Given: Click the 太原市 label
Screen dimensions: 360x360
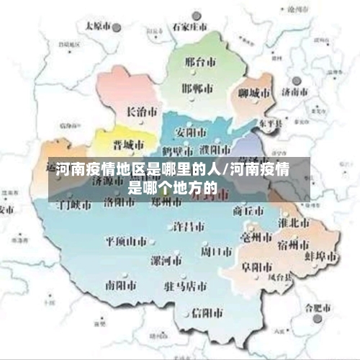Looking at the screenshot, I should point(100,24).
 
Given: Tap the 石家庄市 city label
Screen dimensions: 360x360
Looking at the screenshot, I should point(189,27).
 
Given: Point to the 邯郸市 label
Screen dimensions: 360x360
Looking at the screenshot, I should point(197,88).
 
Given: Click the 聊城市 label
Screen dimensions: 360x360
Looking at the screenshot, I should point(254,93).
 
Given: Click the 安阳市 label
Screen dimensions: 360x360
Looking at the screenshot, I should point(192,132).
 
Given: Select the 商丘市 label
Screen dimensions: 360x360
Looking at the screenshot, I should point(249,210).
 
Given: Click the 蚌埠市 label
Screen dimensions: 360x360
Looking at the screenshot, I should point(320,256).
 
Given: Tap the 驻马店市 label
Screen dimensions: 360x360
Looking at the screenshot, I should point(185,286).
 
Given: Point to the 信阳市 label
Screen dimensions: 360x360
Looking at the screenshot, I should point(207,313).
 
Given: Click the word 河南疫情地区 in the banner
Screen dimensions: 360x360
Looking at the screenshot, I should point(101,171).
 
